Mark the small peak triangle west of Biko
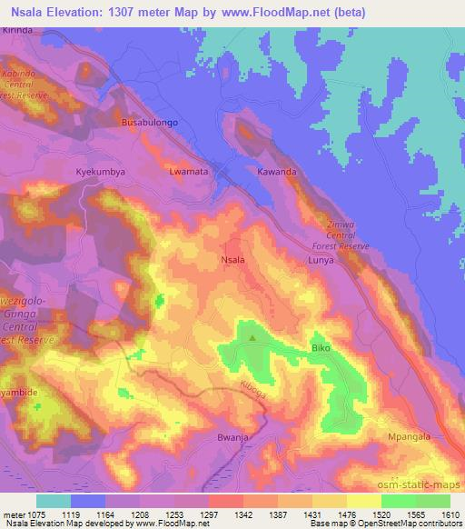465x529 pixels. [252, 339]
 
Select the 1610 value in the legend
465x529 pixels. [449, 514]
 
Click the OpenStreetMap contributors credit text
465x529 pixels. [403, 524]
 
